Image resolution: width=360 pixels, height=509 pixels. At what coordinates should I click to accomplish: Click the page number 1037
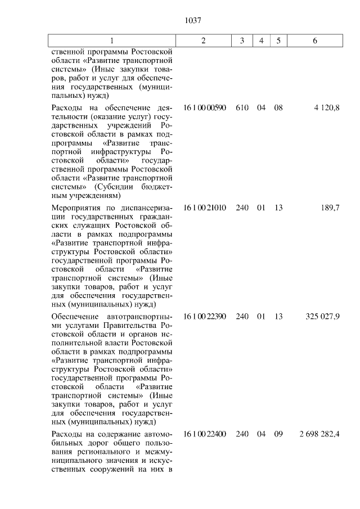tap(192, 21)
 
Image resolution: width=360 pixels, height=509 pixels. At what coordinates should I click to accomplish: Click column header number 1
tap(111, 40)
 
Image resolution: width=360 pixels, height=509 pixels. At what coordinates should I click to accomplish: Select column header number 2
tap(204, 40)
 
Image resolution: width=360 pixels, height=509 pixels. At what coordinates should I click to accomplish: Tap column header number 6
tap(314, 40)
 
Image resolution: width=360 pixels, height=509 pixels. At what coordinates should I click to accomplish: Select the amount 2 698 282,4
tap(319, 434)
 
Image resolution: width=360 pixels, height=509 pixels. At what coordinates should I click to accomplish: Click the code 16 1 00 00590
tap(204, 107)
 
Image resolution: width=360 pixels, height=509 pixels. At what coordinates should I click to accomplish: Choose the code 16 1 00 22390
tap(204, 317)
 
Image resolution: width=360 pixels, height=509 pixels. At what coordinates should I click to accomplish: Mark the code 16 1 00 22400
tap(204, 434)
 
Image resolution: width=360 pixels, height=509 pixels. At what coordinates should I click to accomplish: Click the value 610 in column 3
tap(242, 107)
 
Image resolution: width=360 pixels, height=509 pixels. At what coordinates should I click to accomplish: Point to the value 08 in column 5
tap(278, 107)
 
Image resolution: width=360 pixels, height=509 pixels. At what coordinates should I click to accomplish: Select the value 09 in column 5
tap(278, 434)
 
